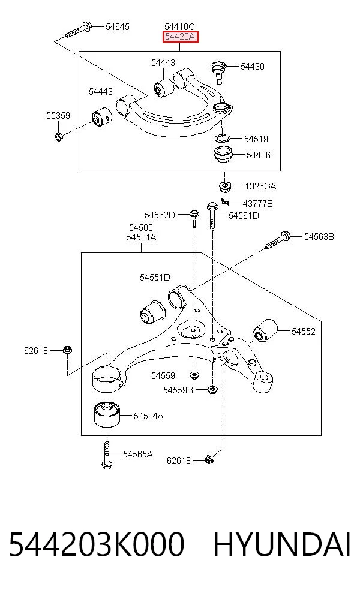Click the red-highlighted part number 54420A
click(180, 37)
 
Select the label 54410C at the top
click(179, 27)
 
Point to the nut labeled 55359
click(59, 136)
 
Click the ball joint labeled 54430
click(218, 71)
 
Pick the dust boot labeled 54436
click(224, 156)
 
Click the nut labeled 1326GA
click(225, 186)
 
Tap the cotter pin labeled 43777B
click(225, 203)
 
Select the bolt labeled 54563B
click(278, 240)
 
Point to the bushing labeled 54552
click(265, 331)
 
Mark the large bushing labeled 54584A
click(107, 414)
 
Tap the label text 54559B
click(178, 390)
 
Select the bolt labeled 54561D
click(213, 216)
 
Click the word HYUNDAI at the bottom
click(281, 544)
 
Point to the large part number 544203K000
click(97, 544)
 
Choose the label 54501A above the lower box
click(141, 237)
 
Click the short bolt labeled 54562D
click(194, 218)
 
